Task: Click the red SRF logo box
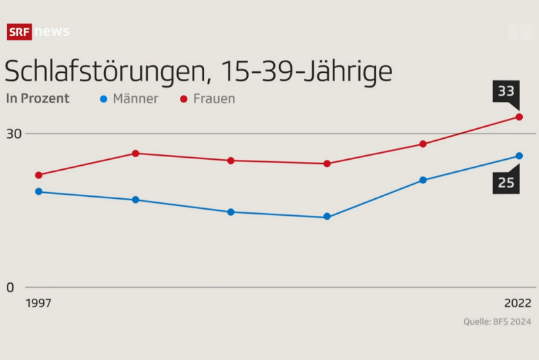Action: (19, 32)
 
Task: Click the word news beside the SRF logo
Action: (52, 32)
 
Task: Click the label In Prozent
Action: (38, 98)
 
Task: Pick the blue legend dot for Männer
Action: (104, 98)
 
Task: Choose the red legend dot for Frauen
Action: (183, 98)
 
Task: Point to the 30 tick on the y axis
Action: (14, 133)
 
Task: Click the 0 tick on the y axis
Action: (10, 288)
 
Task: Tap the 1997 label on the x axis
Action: (38, 303)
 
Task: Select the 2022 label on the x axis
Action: (518, 303)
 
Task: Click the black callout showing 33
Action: (506, 91)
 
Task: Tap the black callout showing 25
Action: (506, 181)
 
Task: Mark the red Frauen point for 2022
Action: (519, 117)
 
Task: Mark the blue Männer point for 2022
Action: (519, 156)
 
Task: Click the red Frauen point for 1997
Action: (38, 175)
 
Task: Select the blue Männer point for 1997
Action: (38, 191)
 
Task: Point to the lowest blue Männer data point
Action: (327, 217)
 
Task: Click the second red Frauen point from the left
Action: (135, 153)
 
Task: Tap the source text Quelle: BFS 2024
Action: (497, 322)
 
